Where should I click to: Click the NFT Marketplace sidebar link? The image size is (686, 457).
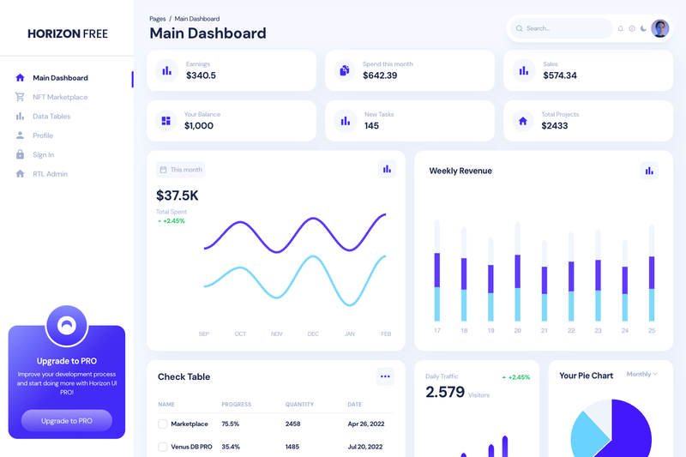tap(60, 97)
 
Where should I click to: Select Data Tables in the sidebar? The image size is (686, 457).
tap(51, 117)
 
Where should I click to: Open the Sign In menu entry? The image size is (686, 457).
tap(44, 155)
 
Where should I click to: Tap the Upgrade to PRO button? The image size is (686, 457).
tap(67, 421)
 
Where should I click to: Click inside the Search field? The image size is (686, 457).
tap(562, 28)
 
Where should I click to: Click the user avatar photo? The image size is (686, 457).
tap(659, 28)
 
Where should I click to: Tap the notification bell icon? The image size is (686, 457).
tap(620, 28)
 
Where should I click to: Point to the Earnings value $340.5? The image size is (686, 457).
tap(201, 75)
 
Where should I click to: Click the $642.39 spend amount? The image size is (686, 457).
tap(380, 75)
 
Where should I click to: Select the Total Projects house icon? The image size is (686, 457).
tap(523, 121)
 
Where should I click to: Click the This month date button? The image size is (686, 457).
tap(181, 170)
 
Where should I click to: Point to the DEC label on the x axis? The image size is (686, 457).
tap(313, 334)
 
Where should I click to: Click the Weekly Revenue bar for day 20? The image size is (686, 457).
tap(518, 272)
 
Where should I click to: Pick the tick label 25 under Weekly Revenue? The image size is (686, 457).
tap(652, 331)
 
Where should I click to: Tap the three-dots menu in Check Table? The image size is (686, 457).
tap(385, 376)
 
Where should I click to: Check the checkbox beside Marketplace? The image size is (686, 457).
tap(163, 424)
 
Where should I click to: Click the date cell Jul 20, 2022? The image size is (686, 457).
tap(365, 447)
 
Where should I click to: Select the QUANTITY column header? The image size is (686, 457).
tap(299, 405)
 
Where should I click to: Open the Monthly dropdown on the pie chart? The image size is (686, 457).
tap(641, 375)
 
